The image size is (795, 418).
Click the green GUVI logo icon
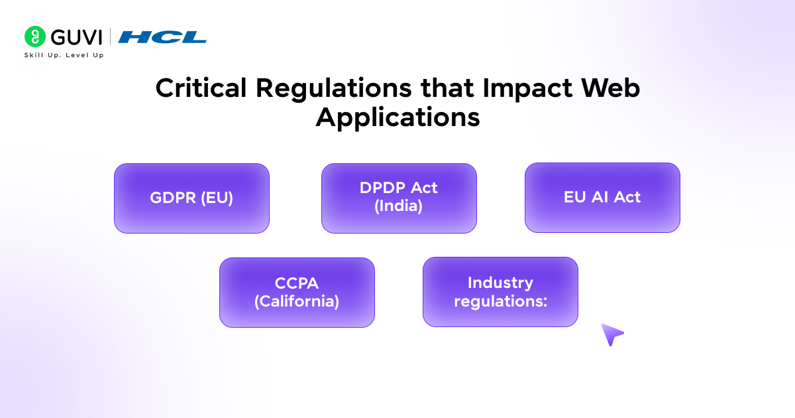point(35,36)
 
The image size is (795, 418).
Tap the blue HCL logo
point(162,37)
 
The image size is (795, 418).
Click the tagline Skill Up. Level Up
point(64,54)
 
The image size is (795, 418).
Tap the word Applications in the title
point(397,117)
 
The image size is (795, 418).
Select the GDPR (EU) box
point(191,198)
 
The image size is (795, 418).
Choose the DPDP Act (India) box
point(399,198)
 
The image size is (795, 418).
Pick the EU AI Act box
point(602,198)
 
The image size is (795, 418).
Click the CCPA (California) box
point(297,293)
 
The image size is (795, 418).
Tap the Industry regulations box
point(500,293)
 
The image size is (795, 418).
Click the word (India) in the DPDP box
point(399,206)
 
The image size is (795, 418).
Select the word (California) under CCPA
point(297,301)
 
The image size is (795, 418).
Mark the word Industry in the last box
point(500,283)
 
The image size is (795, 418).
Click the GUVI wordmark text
point(76,36)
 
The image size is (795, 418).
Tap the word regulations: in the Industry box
point(500,301)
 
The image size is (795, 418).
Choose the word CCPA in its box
point(297,283)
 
